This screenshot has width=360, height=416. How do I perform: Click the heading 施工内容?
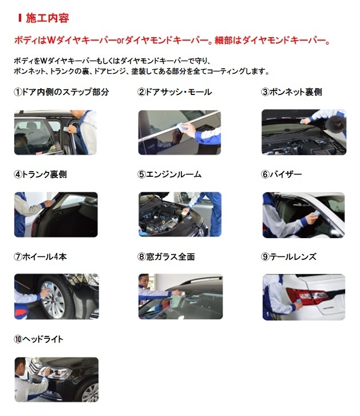point(48,18)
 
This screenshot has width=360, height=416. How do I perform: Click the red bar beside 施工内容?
point(20,18)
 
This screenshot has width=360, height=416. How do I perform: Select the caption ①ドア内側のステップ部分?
point(61,92)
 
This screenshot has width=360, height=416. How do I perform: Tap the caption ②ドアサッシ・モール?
point(175,92)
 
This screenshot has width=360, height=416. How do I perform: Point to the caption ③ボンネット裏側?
point(291,92)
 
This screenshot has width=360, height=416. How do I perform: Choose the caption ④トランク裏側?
point(40,175)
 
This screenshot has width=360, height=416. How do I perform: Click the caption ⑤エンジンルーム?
point(169,175)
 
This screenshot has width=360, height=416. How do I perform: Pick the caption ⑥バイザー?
point(281,175)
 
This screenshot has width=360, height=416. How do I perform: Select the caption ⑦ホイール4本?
point(40,256)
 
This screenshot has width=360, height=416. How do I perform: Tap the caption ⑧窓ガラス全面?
point(167,256)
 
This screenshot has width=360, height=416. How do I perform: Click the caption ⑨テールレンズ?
point(288,256)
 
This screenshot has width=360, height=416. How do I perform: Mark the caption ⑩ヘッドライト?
point(39,339)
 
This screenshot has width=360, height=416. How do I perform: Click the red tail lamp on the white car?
point(308,296)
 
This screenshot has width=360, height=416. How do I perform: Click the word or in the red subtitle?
point(120,41)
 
